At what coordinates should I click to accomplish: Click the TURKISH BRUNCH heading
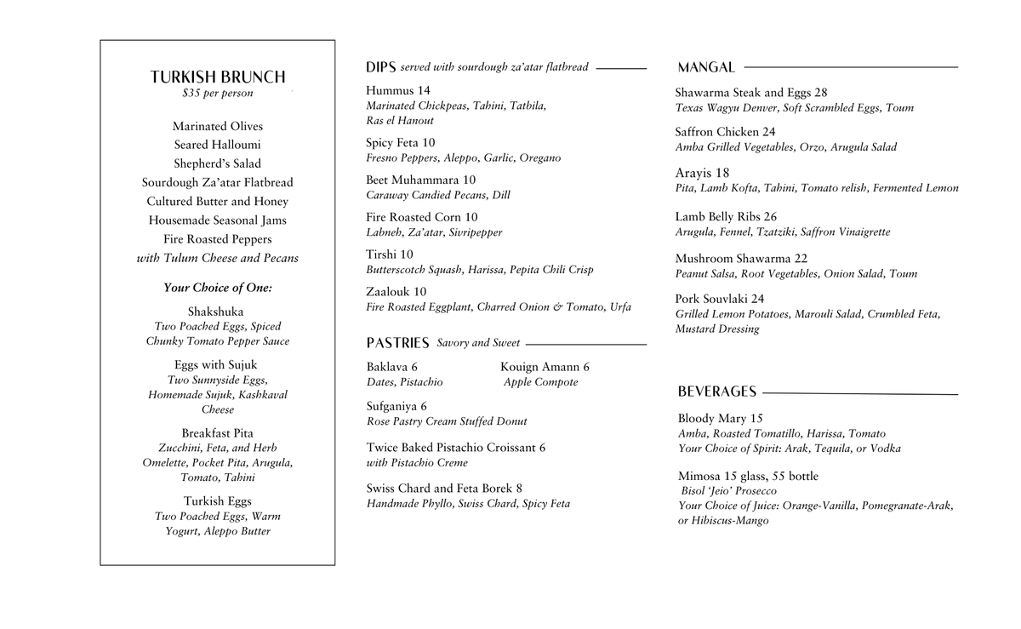click(x=218, y=77)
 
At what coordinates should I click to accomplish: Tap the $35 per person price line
click(x=218, y=94)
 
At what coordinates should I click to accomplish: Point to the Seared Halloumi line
click(x=218, y=145)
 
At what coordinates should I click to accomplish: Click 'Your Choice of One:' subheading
click(x=218, y=288)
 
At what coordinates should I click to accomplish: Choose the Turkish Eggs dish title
click(x=218, y=501)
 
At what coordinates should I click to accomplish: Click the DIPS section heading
click(x=380, y=67)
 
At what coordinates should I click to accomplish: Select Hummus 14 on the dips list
click(x=398, y=90)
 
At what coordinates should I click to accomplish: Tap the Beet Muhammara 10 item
click(x=420, y=180)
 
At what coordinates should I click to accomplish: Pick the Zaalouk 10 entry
click(x=396, y=291)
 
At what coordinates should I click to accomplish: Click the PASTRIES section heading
click(x=397, y=343)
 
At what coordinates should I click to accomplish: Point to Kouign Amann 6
click(x=545, y=367)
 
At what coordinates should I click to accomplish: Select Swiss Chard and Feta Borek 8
click(x=444, y=489)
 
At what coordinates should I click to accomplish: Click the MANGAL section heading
click(x=706, y=67)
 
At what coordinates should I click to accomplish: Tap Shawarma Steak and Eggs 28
click(x=750, y=93)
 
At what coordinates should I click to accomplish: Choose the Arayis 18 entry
click(x=702, y=173)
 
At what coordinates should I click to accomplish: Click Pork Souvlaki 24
click(x=719, y=299)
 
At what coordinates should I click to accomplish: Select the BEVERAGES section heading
click(x=716, y=392)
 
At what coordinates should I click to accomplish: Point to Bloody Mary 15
click(x=720, y=418)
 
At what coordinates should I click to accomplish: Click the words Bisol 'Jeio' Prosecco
click(x=728, y=491)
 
